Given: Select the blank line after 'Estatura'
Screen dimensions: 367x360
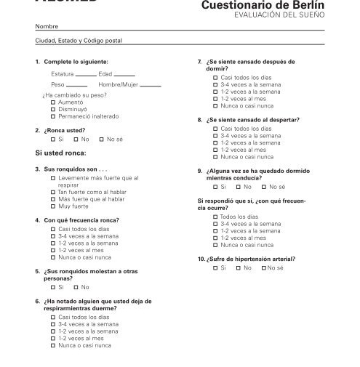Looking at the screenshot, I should point(86,76).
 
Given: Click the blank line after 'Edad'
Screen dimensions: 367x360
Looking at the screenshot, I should point(124,76).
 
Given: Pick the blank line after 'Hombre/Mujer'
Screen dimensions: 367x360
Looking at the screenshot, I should point(150,86).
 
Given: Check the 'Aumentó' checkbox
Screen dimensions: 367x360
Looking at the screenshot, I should point(53,102).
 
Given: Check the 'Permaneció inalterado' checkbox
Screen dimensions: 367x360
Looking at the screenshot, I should point(53,116).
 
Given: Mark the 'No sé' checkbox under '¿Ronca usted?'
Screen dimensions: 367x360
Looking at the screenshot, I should point(101,139).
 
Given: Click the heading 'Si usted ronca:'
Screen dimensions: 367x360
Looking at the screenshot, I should point(60,153).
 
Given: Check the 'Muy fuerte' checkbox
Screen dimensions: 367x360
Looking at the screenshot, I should point(53,206).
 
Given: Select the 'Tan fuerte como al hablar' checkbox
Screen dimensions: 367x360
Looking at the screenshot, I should point(53,192).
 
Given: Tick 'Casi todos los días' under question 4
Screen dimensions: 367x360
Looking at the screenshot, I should point(53,229).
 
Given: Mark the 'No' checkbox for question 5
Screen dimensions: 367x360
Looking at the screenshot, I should point(76,287).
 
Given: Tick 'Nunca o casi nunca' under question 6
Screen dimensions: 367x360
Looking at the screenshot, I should point(53,345).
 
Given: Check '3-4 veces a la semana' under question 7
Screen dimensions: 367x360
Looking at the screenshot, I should point(215,84).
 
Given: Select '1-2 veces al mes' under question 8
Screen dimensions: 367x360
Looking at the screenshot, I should point(215,150).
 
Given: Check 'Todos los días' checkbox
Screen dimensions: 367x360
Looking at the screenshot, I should point(215,217).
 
